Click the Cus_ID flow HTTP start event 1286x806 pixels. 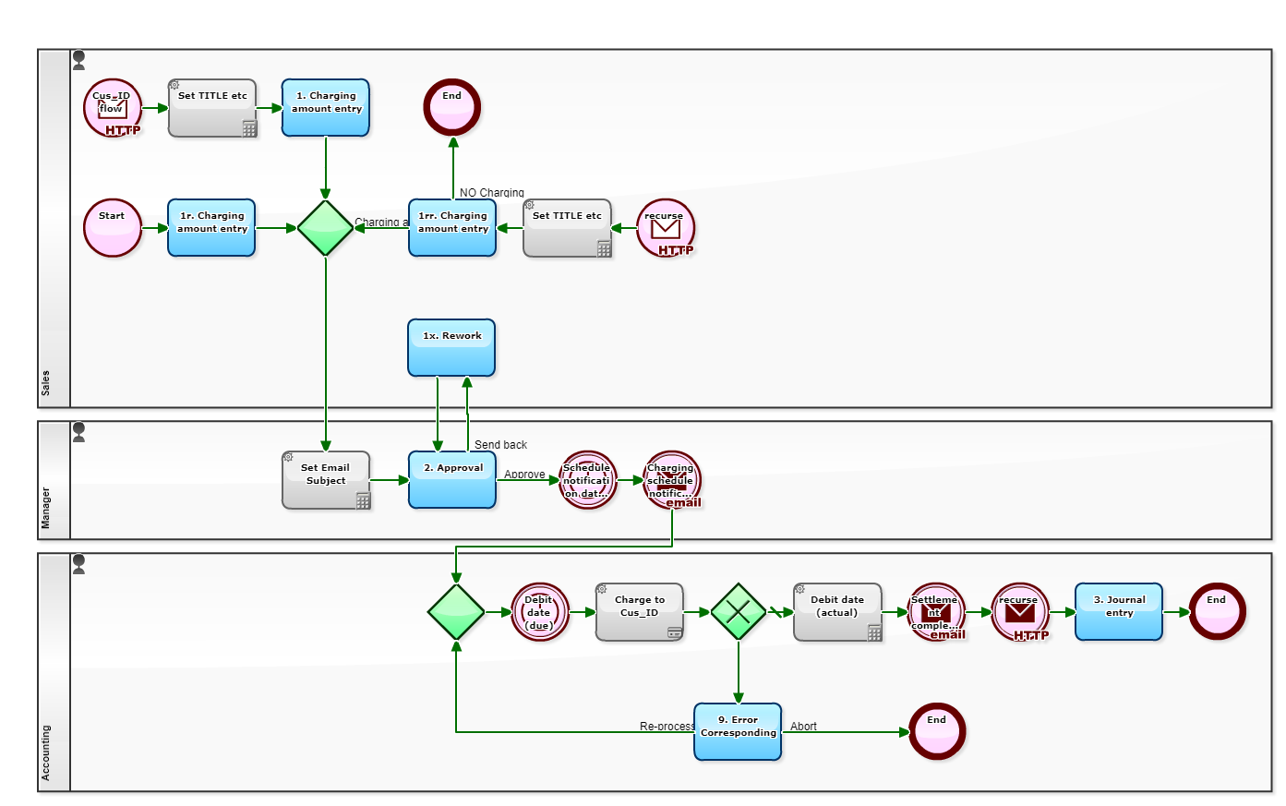tap(113, 108)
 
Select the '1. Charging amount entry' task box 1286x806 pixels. tap(326, 108)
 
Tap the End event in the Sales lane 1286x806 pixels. tap(452, 108)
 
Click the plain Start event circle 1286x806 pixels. tap(113, 228)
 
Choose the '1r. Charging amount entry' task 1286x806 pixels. tap(211, 228)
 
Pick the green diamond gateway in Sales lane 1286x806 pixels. tap(326, 228)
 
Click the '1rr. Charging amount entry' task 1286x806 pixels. tap(452, 228)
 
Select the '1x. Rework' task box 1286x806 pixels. tap(451, 348)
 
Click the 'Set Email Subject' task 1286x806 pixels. tap(326, 480)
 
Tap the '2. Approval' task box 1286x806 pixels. tap(452, 480)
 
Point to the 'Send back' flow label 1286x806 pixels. tap(500, 445)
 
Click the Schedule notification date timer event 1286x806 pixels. tap(588, 480)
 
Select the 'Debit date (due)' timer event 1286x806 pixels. tap(539, 612)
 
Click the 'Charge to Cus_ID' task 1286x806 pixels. tap(640, 612)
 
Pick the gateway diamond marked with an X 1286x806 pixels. tap(739, 612)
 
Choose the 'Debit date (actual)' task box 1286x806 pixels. tap(837, 612)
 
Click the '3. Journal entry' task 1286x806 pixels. tap(1119, 612)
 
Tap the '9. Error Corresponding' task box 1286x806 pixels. tap(738, 732)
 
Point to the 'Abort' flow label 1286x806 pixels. tap(803, 727)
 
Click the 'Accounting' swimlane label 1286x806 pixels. tap(46, 752)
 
